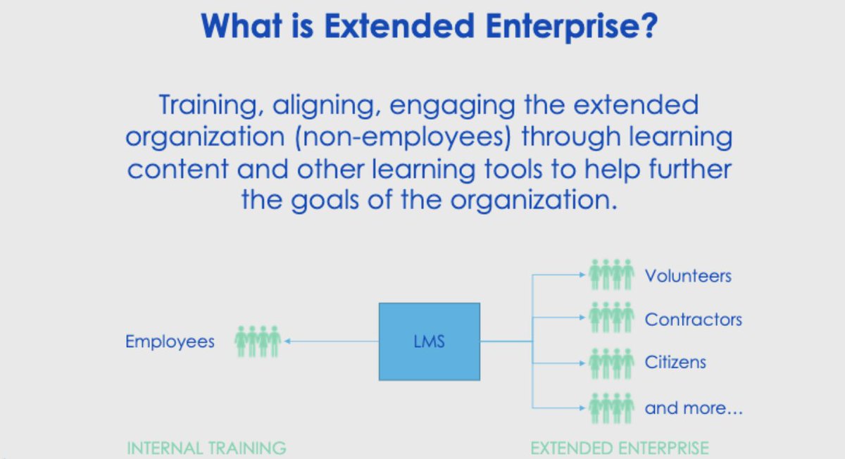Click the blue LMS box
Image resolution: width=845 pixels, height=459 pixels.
[x=429, y=341]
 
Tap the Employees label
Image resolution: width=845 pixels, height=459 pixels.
[x=170, y=341]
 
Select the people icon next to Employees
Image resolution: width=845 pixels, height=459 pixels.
[x=258, y=341]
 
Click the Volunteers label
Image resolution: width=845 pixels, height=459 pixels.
[x=688, y=275]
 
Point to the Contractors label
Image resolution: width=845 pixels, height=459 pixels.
[x=693, y=320]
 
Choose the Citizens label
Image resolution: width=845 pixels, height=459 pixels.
[x=675, y=363]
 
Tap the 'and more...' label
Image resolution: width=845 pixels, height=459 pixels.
[x=694, y=408]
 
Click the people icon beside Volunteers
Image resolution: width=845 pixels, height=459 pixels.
[x=611, y=275]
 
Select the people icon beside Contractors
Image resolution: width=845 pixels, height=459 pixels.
[x=611, y=318]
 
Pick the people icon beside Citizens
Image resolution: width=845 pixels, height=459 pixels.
[x=611, y=363]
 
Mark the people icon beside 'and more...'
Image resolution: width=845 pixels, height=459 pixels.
[x=611, y=408]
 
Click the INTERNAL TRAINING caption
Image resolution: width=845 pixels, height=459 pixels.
[x=206, y=448]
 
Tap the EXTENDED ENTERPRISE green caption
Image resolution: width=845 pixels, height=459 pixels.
[x=619, y=448]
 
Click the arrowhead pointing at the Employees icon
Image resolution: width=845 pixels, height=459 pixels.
[x=289, y=342]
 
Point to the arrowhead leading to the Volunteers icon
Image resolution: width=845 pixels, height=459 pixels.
[x=582, y=275]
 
